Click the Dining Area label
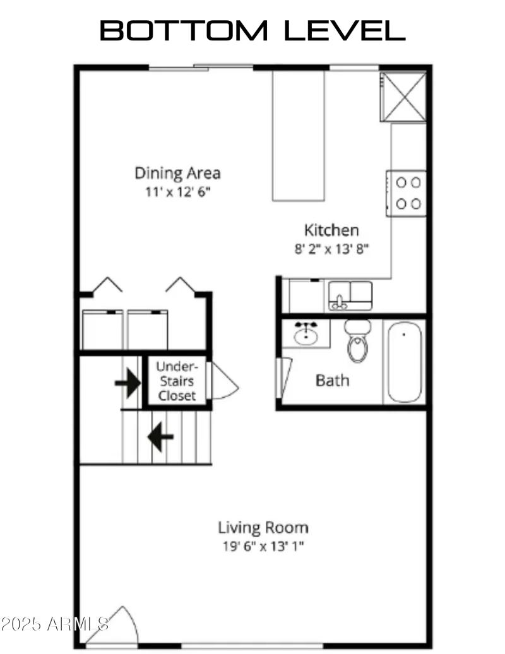pyautogui.click(x=177, y=172)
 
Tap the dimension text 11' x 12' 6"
pyautogui.click(x=177, y=191)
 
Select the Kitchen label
pyautogui.click(x=331, y=230)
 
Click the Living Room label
pyautogui.click(x=263, y=527)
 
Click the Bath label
pyautogui.click(x=332, y=380)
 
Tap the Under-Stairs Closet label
pyautogui.click(x=177, y=381)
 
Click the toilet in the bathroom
pyautogui.click(x=358, y=340)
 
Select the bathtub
pyautogui.click(x=405, y=362)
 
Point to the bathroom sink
pyautogui.click(x=306, y=333)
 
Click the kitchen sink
pyautogui.click(x=350, y=295)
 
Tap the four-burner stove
pyautogui.click(x=407, y=193)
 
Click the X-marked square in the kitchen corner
pyautogui.click(x=403, y=96)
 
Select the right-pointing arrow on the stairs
pyautogui.click(x=128, y=383)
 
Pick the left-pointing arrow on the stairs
pyautogui.click(x=160, y=436)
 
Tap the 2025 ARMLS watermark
pyautogui.click(x=55, y=624)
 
